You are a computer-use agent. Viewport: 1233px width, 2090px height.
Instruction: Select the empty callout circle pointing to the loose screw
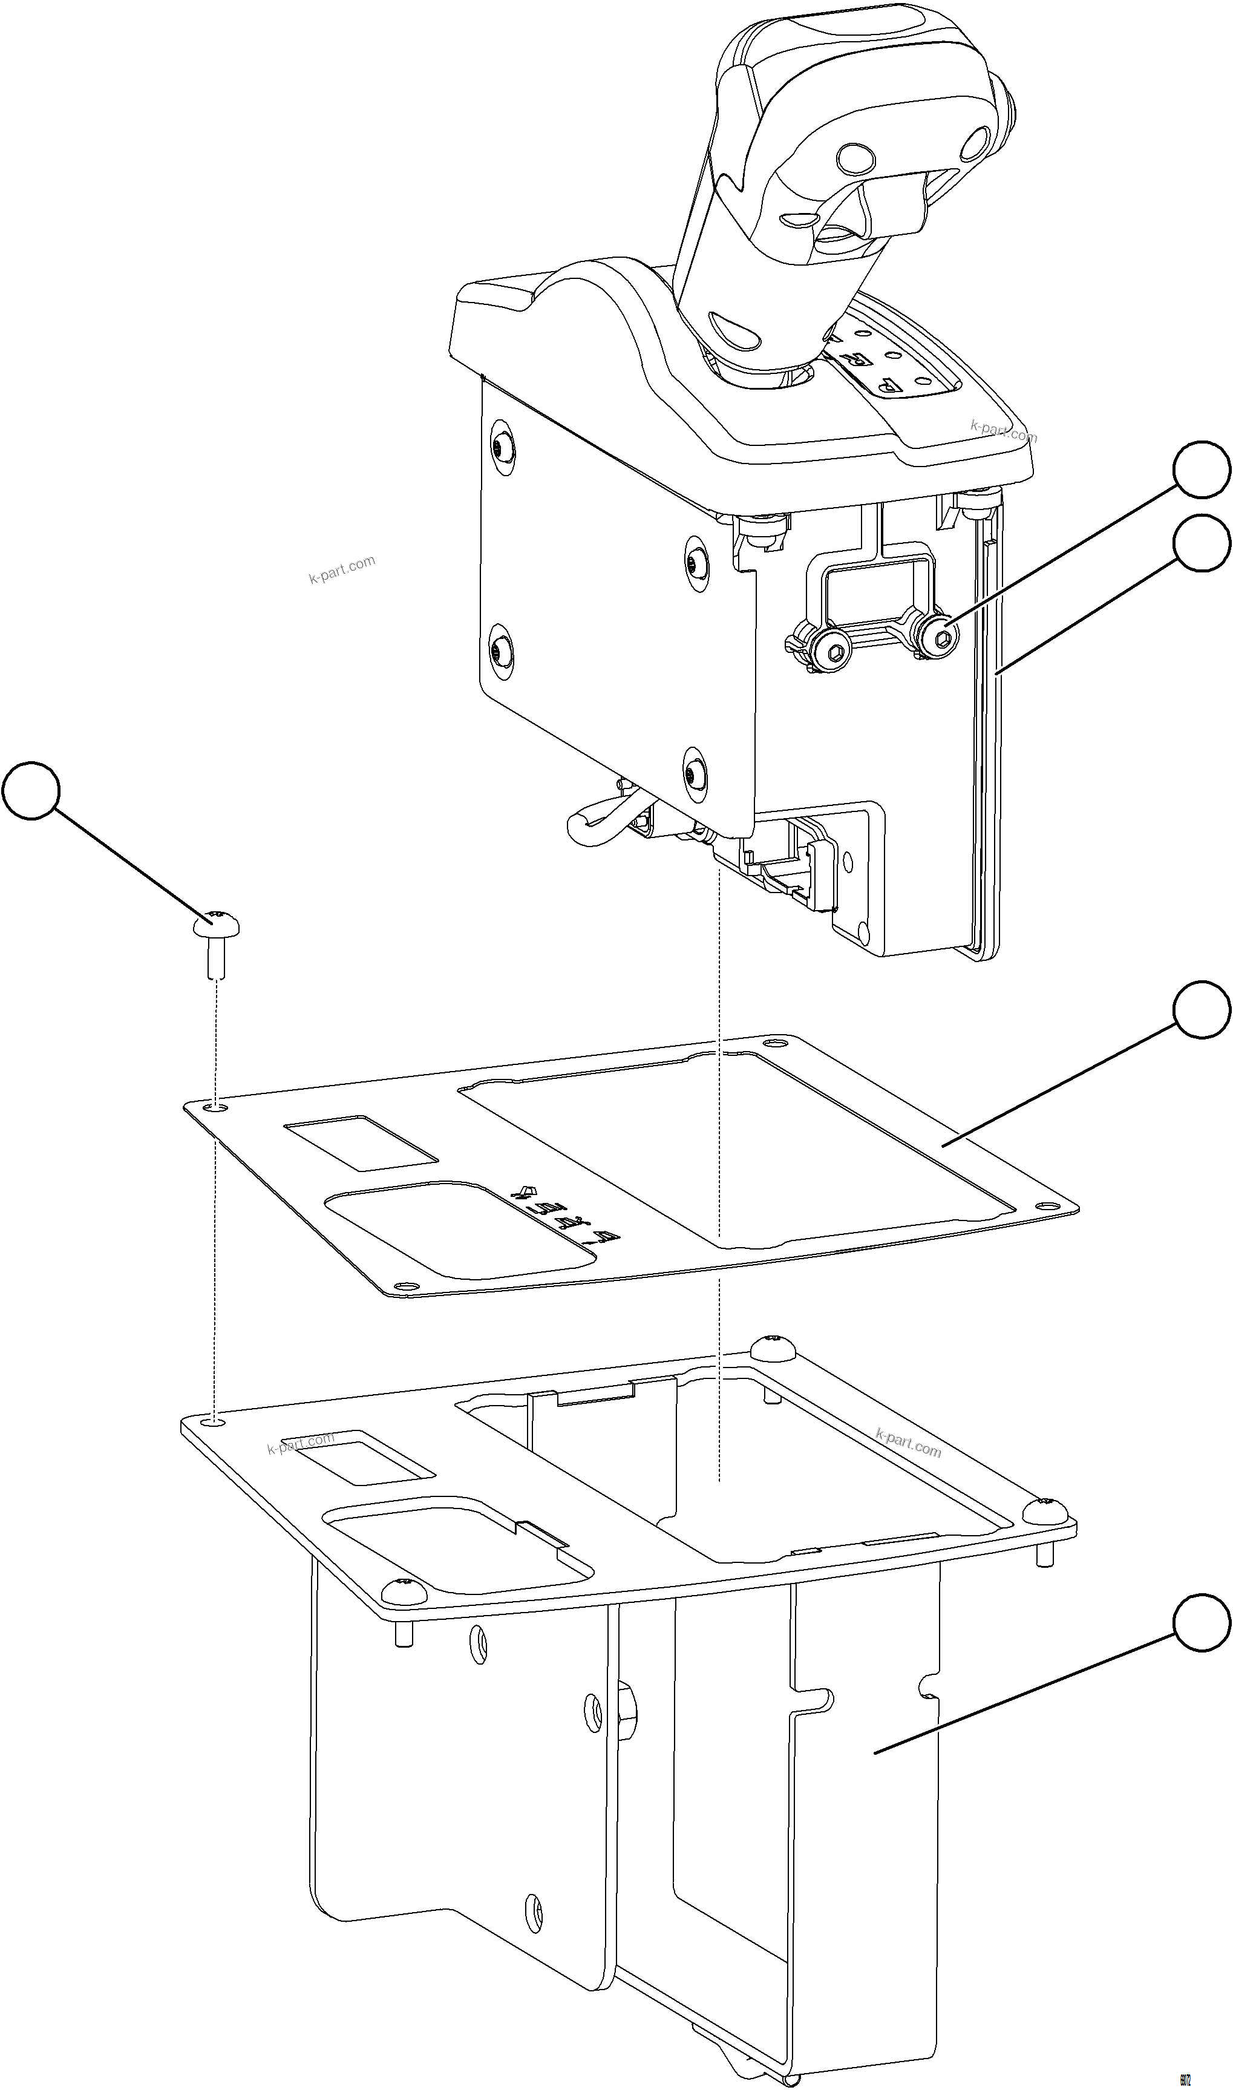pos(31,790)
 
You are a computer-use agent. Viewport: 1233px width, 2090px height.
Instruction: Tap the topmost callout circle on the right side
pos(1202,470)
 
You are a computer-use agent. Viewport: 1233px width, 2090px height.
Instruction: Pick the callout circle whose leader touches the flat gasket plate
pos(1202,1010)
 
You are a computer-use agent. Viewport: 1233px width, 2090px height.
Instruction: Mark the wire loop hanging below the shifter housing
pos(597,819)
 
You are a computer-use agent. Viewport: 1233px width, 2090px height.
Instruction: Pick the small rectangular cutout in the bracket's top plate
pos(358,1458)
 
